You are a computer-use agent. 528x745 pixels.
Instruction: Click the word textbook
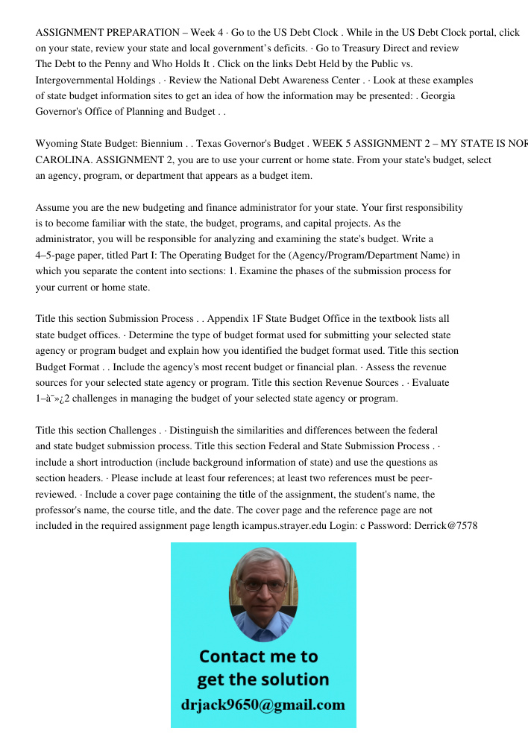[x=400, y=319]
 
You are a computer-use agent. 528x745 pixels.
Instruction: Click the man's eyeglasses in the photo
[x=264, y=586]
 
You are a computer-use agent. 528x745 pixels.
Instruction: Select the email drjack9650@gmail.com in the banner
[x=263, y=705]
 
